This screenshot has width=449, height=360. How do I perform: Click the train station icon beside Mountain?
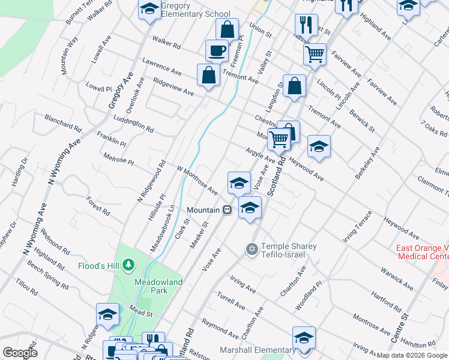228,210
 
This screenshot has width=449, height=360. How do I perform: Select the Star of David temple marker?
252,248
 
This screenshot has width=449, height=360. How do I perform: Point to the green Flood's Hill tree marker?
127,265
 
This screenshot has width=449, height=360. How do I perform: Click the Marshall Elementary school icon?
304,338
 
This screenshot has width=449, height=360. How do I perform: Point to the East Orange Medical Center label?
421,253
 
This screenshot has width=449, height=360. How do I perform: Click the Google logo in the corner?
20,353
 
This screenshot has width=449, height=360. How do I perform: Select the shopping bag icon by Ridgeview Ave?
208,75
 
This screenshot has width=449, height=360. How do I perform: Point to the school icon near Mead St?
107,314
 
